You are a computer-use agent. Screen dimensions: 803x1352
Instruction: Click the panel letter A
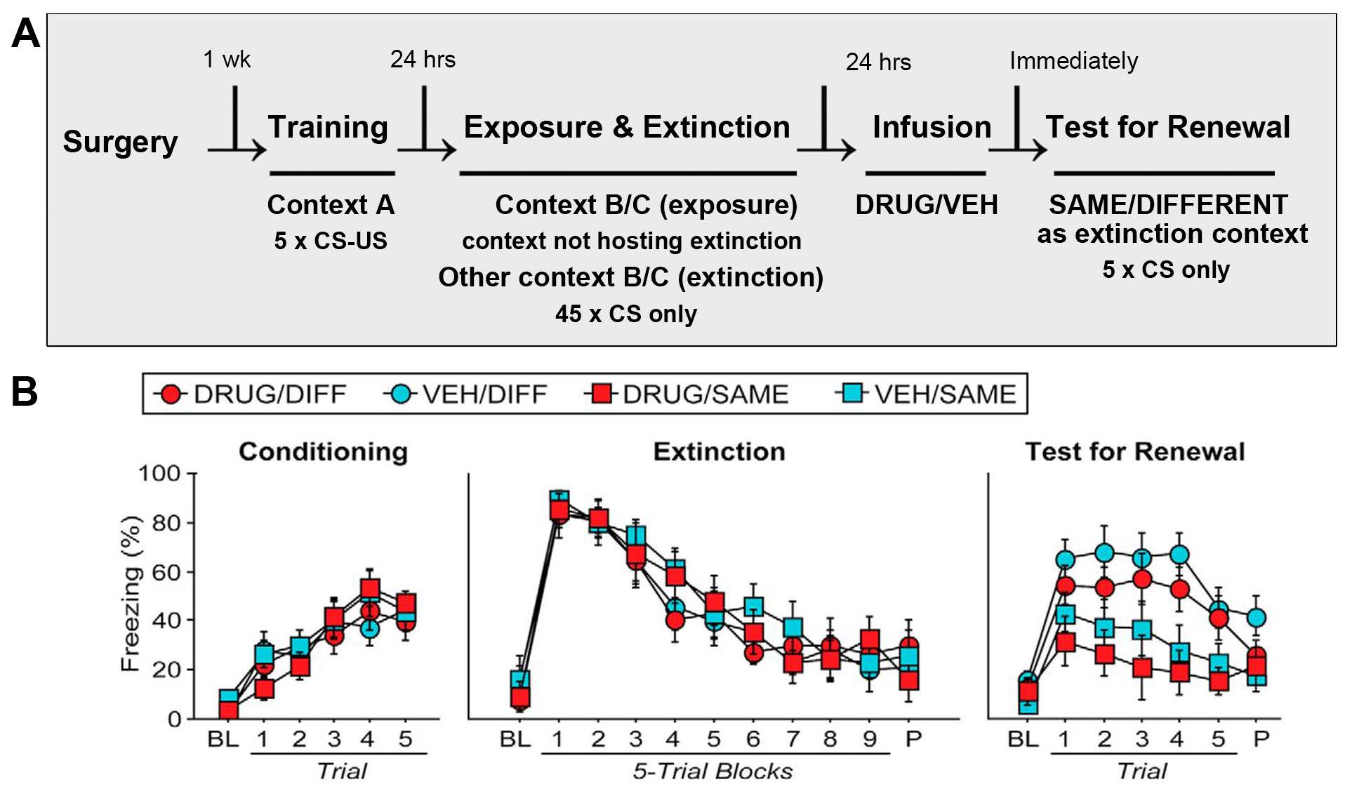(26, 34)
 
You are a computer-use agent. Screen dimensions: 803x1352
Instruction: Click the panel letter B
(25, 392)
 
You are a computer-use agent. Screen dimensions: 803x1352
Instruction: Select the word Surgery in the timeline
(120, 142)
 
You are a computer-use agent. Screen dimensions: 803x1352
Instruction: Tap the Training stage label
(328, 127)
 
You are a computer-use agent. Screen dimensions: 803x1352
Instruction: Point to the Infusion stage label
(932, 127)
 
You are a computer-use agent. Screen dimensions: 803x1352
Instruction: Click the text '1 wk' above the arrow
(226, 59)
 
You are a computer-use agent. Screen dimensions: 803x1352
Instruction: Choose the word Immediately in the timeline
(1073, 61)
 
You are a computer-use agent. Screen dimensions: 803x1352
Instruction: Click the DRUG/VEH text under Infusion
(926, 205)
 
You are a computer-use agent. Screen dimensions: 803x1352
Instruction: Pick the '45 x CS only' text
(625, 314)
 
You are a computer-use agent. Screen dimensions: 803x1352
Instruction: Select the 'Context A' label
(331, 205)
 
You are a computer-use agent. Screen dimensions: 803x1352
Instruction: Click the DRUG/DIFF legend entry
(251, 394)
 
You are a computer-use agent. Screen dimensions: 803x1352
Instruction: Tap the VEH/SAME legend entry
(926, 394)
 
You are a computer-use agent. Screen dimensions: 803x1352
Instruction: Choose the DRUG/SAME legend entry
(687, 394)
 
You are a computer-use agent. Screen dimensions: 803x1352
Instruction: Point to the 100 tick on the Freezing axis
(159, 474)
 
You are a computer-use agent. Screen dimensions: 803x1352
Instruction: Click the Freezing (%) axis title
(131, 594)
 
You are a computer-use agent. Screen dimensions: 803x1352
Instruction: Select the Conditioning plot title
(323, 451)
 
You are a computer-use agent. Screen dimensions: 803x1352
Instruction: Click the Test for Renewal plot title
(1134, 451)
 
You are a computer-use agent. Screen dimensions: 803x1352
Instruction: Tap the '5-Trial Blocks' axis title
(713, 771)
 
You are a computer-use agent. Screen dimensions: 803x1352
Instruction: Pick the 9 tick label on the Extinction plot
(870, 739)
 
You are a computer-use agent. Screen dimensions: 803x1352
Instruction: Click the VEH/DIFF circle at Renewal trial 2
(1104, 553)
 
